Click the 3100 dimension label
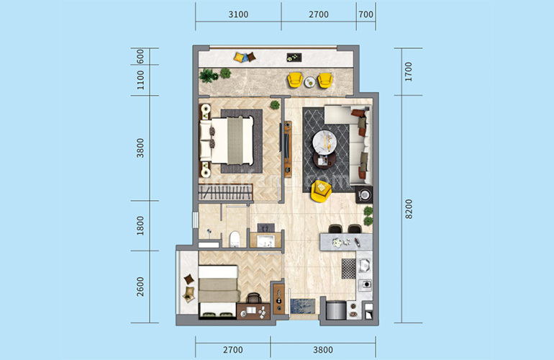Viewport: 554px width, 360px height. tap(238, 14)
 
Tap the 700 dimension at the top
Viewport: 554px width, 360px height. tap(365, 14)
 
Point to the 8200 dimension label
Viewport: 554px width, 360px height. tap(409, 209)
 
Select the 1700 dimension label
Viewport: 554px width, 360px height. tap(409, 72)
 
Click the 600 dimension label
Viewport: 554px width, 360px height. tap(140, 57)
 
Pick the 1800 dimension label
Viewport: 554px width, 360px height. tap(140, 225)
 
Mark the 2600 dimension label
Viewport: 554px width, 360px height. tap(140, 287)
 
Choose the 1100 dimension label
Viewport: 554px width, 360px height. tap(140, 80)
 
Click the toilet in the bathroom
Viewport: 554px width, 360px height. tap(235, 239)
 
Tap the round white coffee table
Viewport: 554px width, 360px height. tap(324, 142)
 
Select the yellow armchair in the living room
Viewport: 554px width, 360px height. tap(321, 191)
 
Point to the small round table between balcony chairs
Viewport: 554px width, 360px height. tap(310, 82)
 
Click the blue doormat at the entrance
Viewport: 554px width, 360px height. tap(303, 306)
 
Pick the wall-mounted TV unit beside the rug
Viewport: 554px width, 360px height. tap(288, 149)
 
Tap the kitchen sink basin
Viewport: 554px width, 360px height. tap(364, 265)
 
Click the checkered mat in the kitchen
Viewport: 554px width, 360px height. tap(349, 269)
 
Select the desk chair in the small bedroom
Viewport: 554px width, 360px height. tap(254, 298)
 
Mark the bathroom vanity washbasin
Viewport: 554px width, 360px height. tap(265, 240)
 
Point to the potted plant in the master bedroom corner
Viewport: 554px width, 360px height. tap(275, 104)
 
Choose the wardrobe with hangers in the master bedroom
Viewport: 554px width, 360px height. tap(225, 193)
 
